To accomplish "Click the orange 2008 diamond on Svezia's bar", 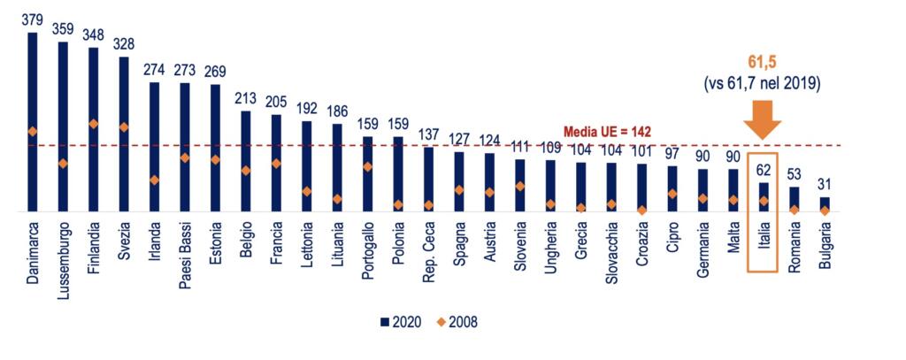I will click(x=124, y=127).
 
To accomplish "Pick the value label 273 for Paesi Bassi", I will click(x=185, y=69).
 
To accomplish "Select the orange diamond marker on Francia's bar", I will click(x=276, y=164).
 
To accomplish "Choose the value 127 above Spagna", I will click(x=459, y=139).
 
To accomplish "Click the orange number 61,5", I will click(x=763, y=64).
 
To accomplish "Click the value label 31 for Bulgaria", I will click(x=824, y=184).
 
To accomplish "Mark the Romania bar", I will click(x=794, y=199).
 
